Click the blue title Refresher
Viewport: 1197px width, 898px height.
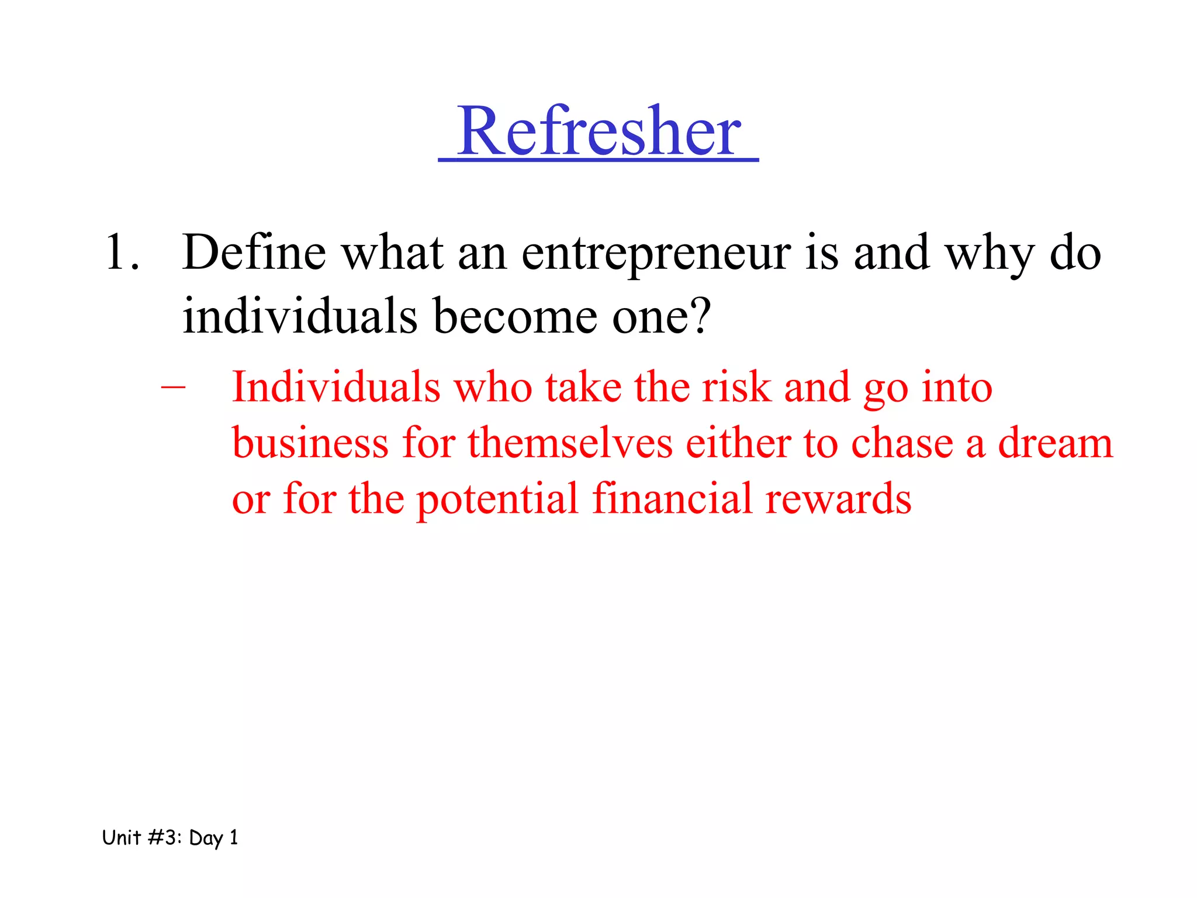pos(598,131)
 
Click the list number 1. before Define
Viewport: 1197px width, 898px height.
pos(123,253)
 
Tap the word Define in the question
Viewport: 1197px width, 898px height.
pos(254,253)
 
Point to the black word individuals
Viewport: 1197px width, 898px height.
pos(300,316)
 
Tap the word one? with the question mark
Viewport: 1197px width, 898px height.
pos(661,316)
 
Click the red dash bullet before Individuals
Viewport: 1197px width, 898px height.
pos(173,387)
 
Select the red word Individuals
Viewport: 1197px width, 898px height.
pos(336,387)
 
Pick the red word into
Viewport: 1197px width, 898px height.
pos(957,387)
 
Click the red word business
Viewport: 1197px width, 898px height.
pos(310,443)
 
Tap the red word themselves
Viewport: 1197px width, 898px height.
pos(570,443)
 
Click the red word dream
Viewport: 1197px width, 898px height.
pos(1055,443)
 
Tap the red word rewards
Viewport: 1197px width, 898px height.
pos(838,499)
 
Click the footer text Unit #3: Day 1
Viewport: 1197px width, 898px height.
pos(170,838)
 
